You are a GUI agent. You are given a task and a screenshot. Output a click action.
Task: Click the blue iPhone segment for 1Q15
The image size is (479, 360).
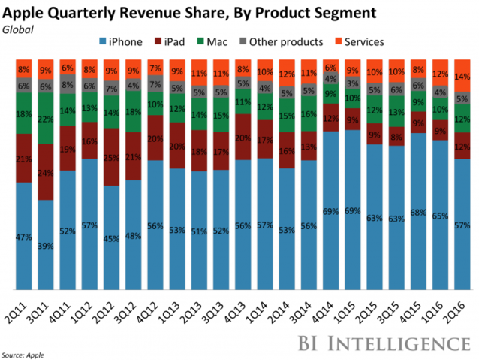pyautogui.click(x=352, y=210)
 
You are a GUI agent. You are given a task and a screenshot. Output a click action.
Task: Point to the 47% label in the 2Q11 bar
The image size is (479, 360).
pyautogui.click(x=23, y=236)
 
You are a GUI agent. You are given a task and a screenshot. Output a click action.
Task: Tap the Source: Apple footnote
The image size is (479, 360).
pyautogui.click(x=23, y=352)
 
